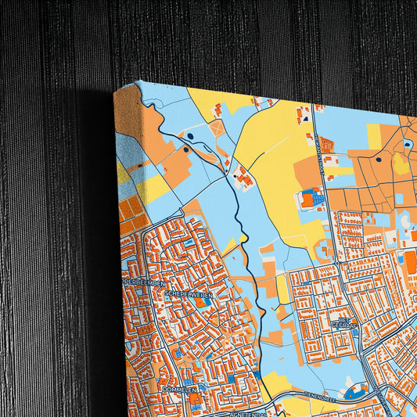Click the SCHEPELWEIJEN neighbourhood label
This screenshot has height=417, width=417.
click(x=189, y=293)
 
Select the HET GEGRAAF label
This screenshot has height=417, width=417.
click(x=343, y=322)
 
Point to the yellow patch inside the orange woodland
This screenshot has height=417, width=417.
click(x=401, y=164)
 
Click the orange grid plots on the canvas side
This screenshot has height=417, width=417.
click(x=128, y=216)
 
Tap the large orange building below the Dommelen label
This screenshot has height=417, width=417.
click(x=195, y=401)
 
